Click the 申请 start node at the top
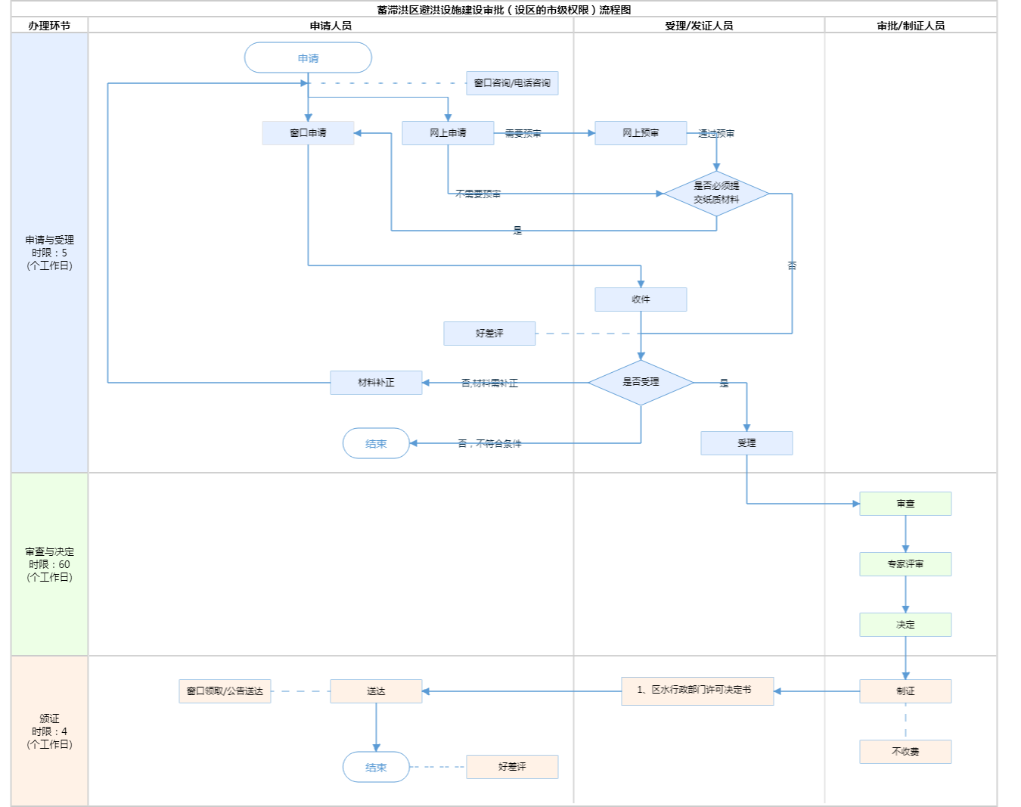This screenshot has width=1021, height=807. click(x=308, y=58)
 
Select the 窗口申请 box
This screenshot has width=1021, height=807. click(x=308, y=133)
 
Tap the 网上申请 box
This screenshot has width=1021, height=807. click(x=448, y=133)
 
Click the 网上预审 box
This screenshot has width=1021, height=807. click(x=641, y=133)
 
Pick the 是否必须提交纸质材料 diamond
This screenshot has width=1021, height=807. click(x=716, y=194)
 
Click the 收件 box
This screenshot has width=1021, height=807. click(x=641, y=300)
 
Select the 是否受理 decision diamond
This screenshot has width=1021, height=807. click(x=641, y=383)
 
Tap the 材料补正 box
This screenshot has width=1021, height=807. click(x=376, y=383)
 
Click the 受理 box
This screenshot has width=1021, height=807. click(x=746, y=443)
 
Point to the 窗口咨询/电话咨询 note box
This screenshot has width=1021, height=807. click(x=512, y=83)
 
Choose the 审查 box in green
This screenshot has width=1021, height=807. click(x=905, y=504)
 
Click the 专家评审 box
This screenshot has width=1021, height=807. click(x=905, y=564)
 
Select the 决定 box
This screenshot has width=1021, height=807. click(x=905, y=625)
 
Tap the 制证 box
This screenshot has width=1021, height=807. click(x=905, y=691)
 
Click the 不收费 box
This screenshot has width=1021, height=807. click(x=905, y=752)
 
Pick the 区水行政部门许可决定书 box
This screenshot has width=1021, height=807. click(x=697, y=691)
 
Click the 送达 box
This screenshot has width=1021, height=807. click(x=376, y=691)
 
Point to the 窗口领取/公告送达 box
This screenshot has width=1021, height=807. click(x=225, y=691)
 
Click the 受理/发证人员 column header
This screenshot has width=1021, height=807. click(x=699, y=26)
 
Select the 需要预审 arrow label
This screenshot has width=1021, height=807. click(x=523, y=134)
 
